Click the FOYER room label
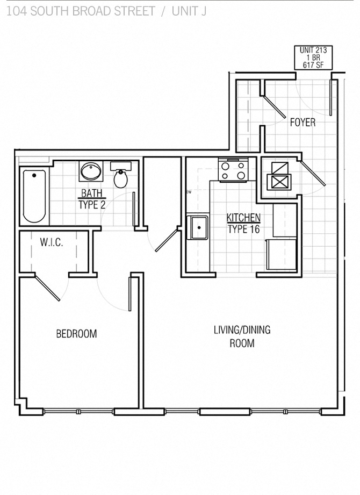pyautogui.click(x=303, y=123)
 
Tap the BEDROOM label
pyautogui.click(x=76, y=334)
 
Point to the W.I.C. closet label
pyautogui.click(x=51, y=242)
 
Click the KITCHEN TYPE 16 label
pyautogui.click(x=243, y=224)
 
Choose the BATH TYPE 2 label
pyautogui.click(x=92, y=199)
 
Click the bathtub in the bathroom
pyautogui.click(x=34, y=196)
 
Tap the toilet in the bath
pyautogui.click(x=121, y=176)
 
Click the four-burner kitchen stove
pyautogui.click(x=234, y=170)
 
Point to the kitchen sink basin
pyautogui.click(x=199, y=227)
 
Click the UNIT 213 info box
pyautogui.click(x=313, y=58)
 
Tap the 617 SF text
pyautogui.click(x=313, y=65)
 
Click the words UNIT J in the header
pyautogui.click(x=189, y=11)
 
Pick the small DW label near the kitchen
pyautogui.click(x=189, y=192)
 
